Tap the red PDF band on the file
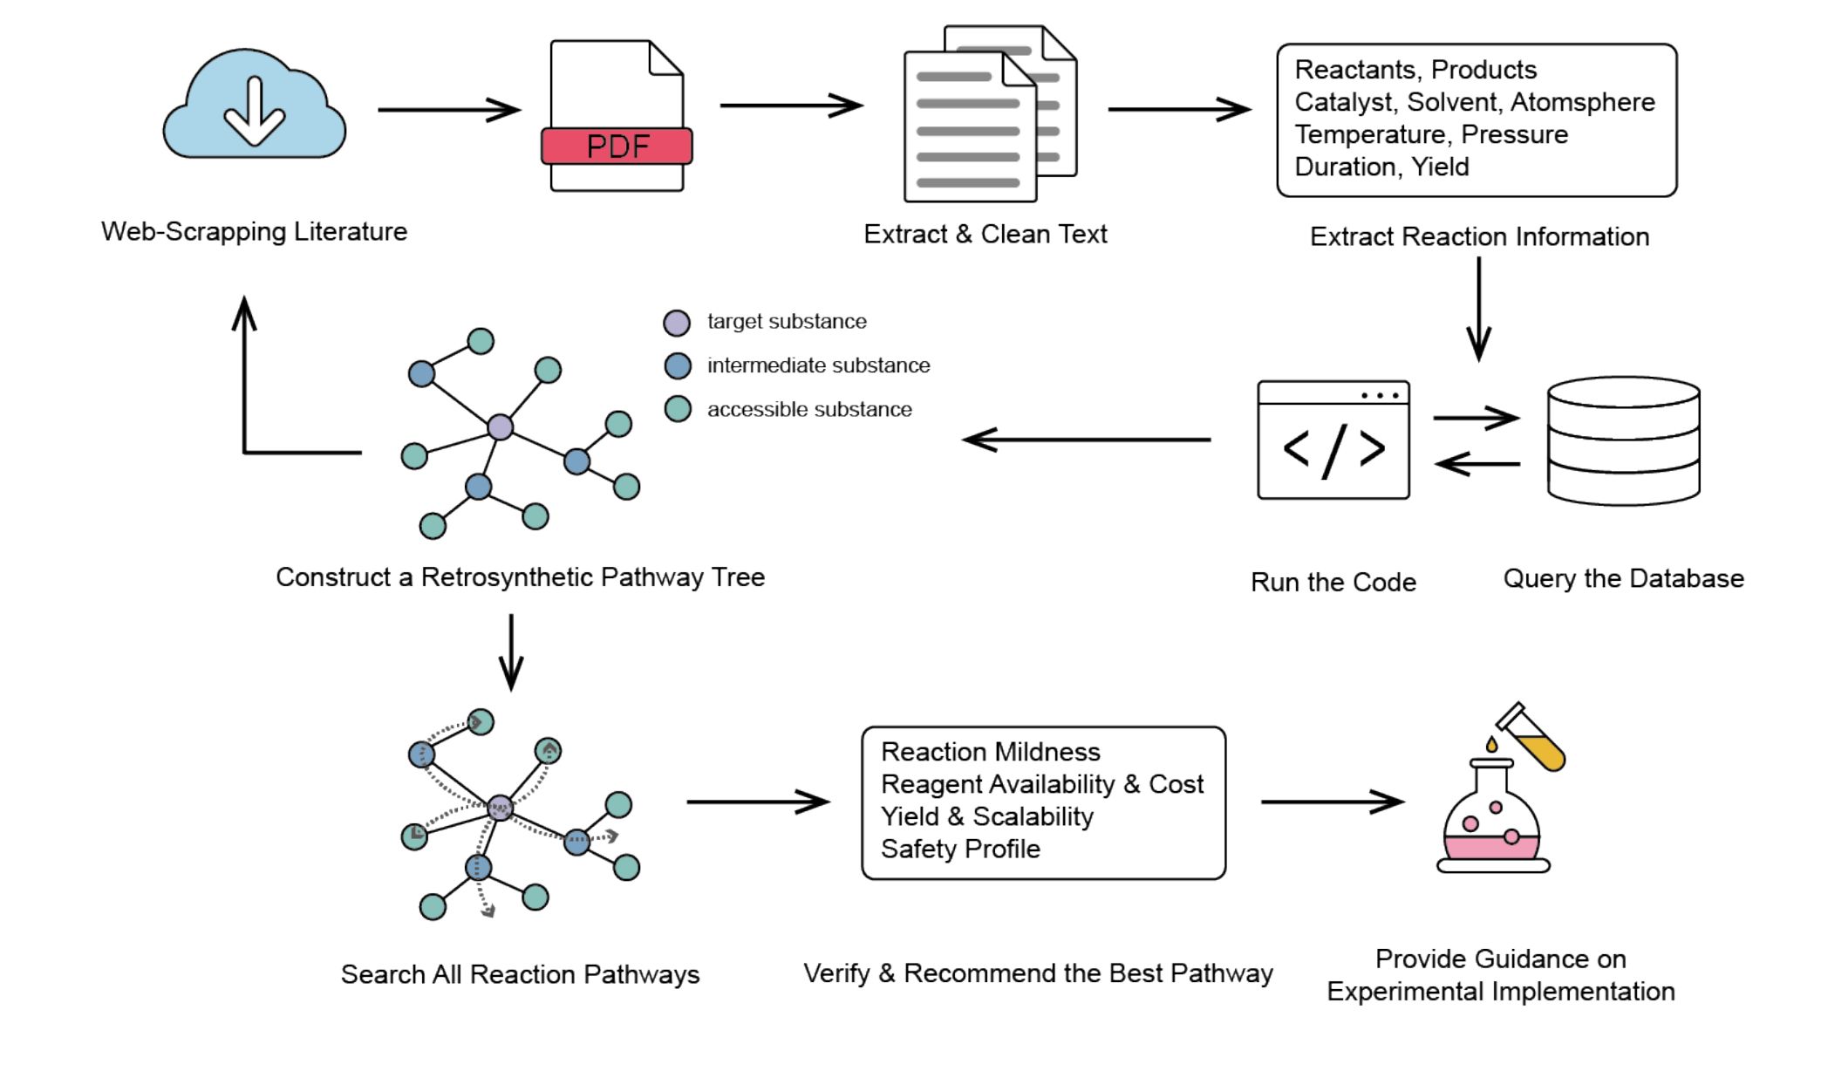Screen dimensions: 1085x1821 [x=617, y=146]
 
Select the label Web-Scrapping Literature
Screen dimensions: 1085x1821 [x=254, y=231]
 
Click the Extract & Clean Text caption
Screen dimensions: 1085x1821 [x=985, y=234]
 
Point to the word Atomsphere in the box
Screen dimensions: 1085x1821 [x=1582, y=102]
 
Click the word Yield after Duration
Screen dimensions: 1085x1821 [x=1440, y=167]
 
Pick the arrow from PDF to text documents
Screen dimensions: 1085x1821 [x=790, y=106]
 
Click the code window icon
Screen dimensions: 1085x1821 [x=1333, y=440]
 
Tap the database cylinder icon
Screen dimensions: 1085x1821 [x=1623, y=440]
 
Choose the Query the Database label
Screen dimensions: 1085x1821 [x=1623, y=578]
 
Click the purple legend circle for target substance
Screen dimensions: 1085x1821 [x=677, y=323]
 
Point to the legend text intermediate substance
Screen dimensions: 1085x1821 [x=818, y=365]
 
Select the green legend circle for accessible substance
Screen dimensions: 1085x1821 [x=678, y=409]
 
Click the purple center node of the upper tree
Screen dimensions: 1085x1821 [x=500, y=426]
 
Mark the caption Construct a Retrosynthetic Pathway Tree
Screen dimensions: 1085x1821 [x=520, y=577]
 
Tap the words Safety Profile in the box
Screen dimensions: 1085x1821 [x=960, y=849]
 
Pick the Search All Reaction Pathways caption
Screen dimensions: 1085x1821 [x=520, y=974]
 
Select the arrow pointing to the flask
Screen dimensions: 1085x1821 [x=1331, y=802]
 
